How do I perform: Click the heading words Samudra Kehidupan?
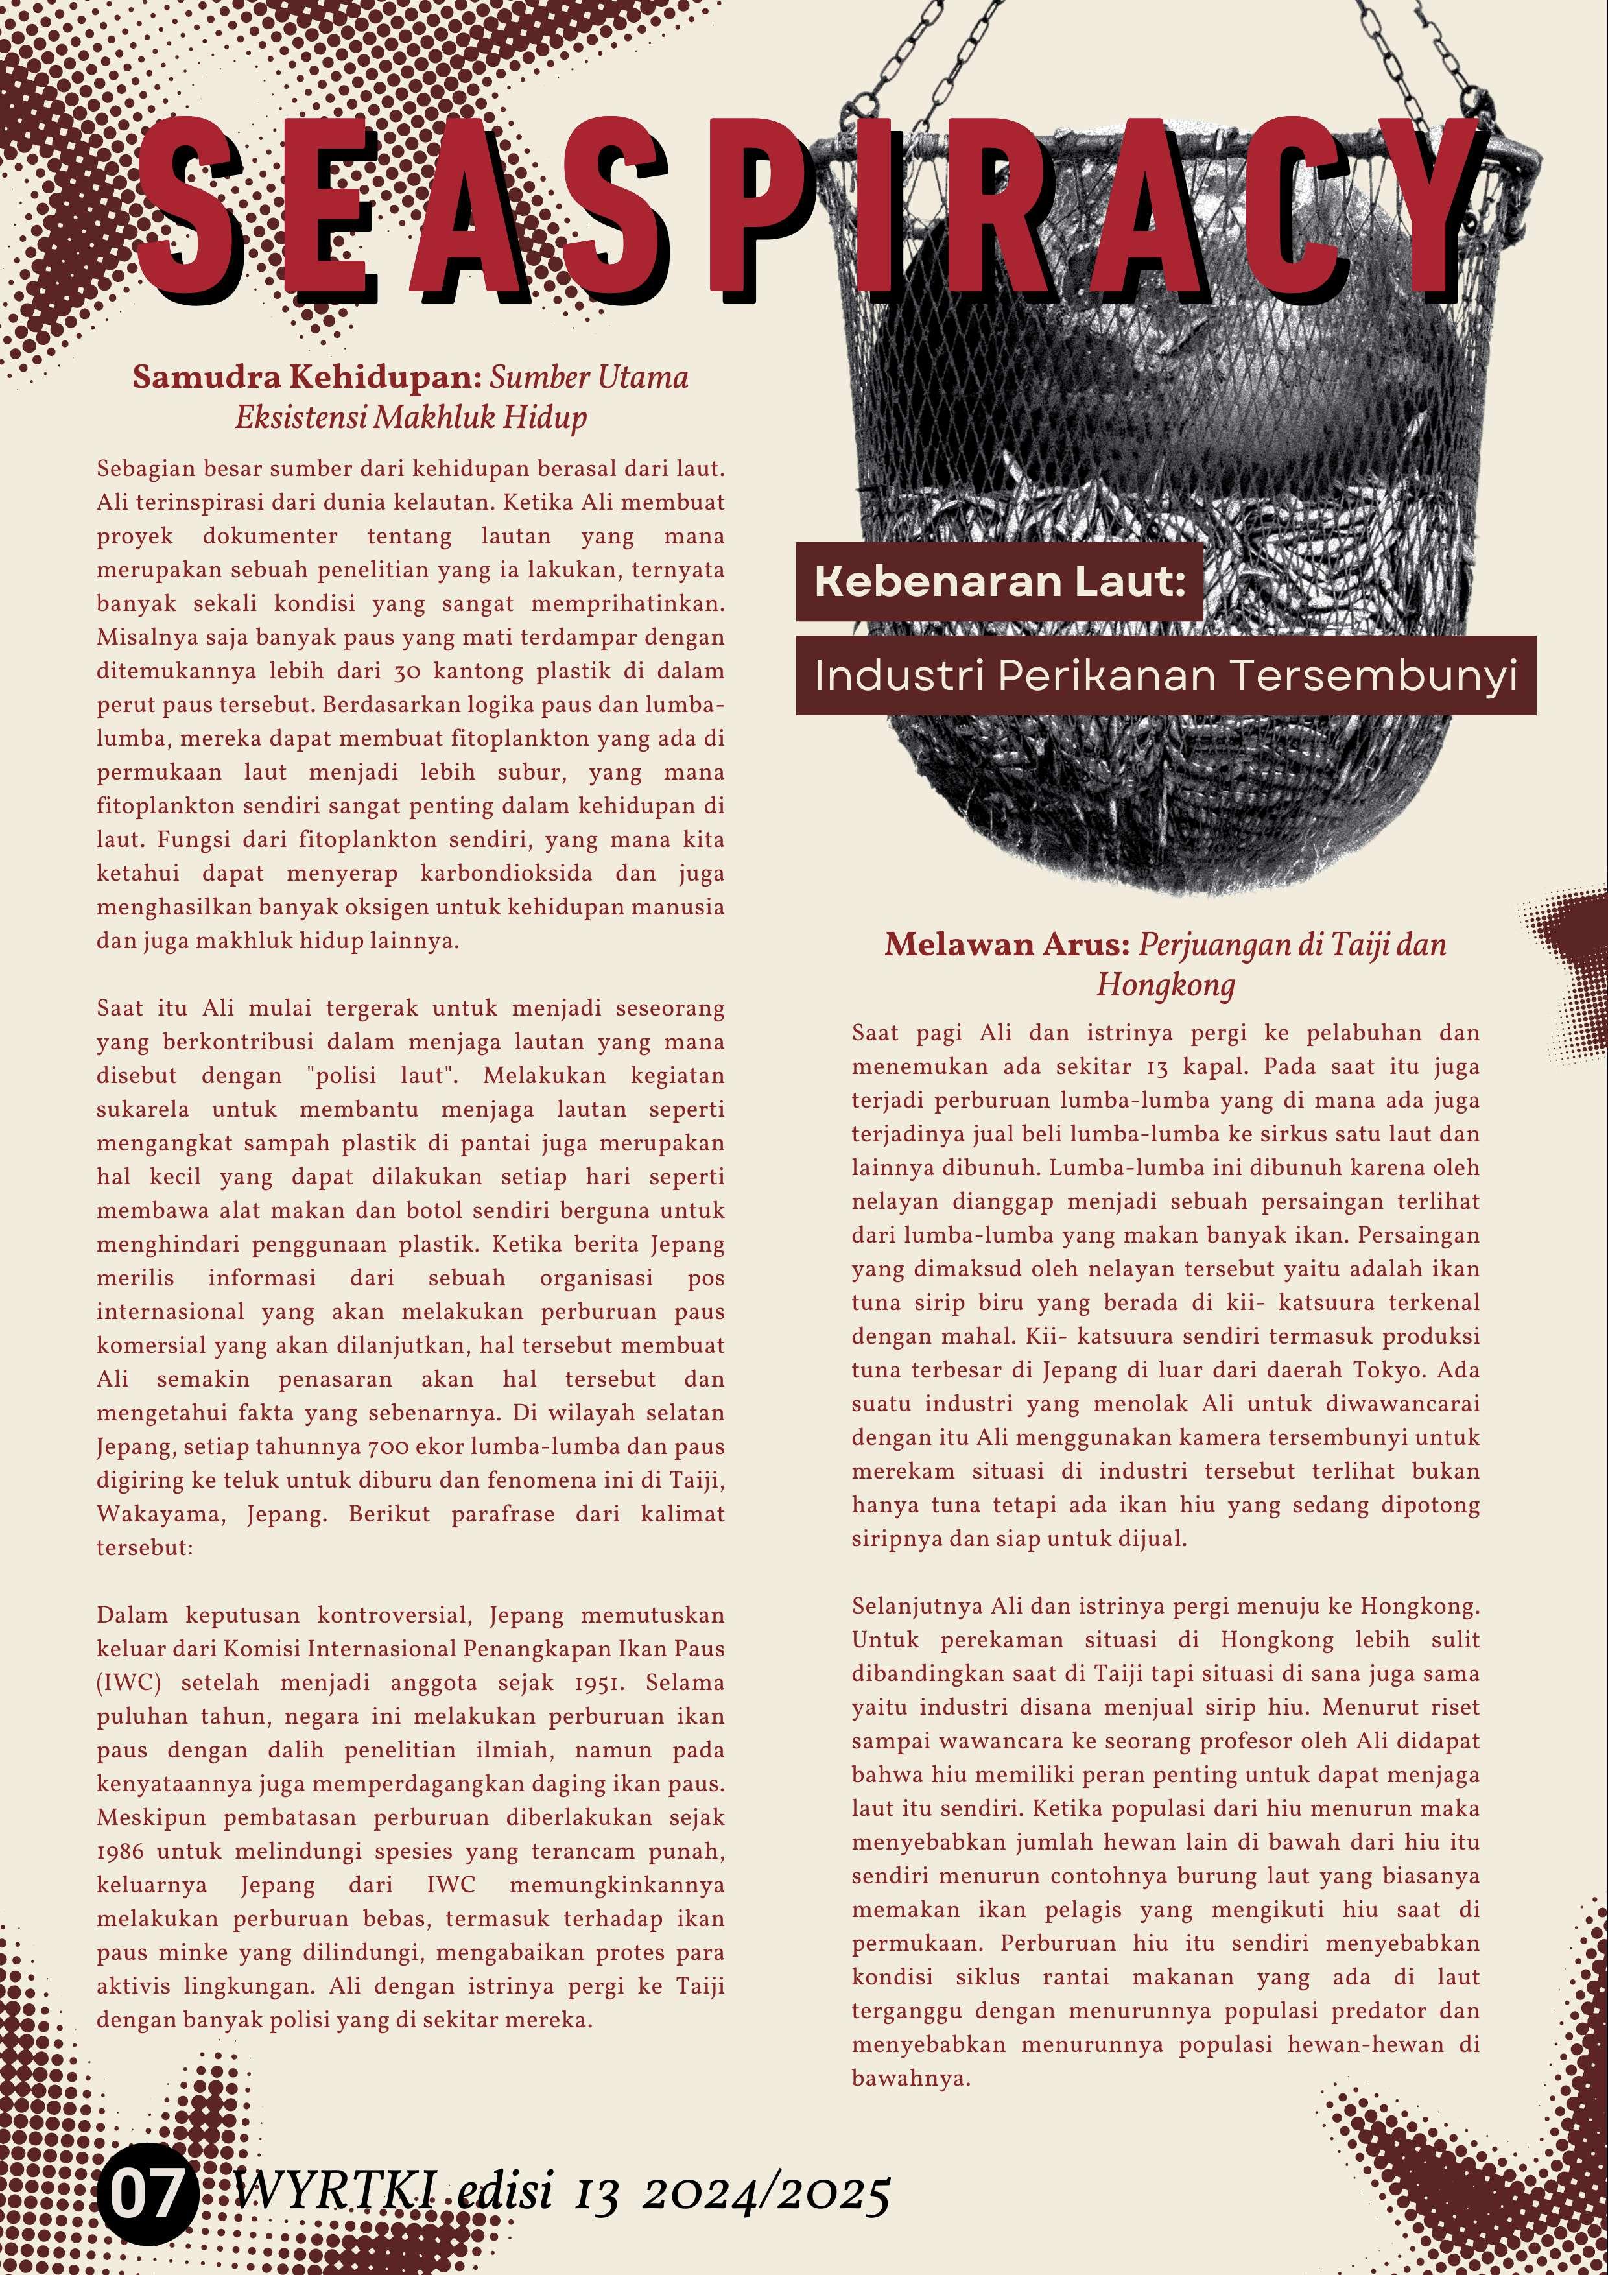tap(307, 377)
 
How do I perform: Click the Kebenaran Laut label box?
tap(999, 582)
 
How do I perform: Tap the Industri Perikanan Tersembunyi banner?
tap(1165, 676)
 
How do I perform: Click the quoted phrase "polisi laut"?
tap(368, 1076)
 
